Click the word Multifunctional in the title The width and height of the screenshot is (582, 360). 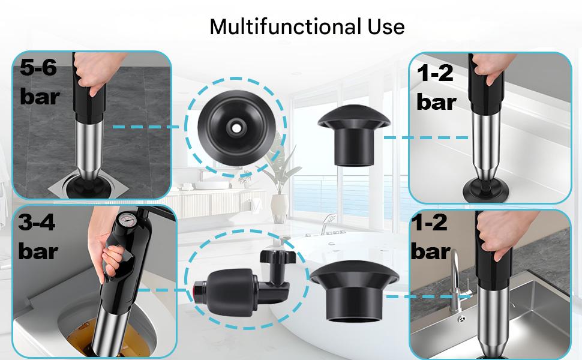(284, 27)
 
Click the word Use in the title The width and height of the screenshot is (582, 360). (386, 27)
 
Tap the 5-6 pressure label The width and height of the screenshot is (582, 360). (40, 82)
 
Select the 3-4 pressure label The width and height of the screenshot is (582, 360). (38, 237)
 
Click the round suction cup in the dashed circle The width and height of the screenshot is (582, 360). (236, 128)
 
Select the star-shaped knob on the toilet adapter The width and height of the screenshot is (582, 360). (278, 257)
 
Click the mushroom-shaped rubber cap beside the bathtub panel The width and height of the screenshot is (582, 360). (354, 135)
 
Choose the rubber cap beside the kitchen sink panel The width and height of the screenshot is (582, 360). (354, 291)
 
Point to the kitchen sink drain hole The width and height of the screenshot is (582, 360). (461, 319)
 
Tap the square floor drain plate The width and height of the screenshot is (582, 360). (88, 185)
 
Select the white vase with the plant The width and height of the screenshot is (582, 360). (280, 208)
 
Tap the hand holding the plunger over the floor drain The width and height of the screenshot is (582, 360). (93, 73)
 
